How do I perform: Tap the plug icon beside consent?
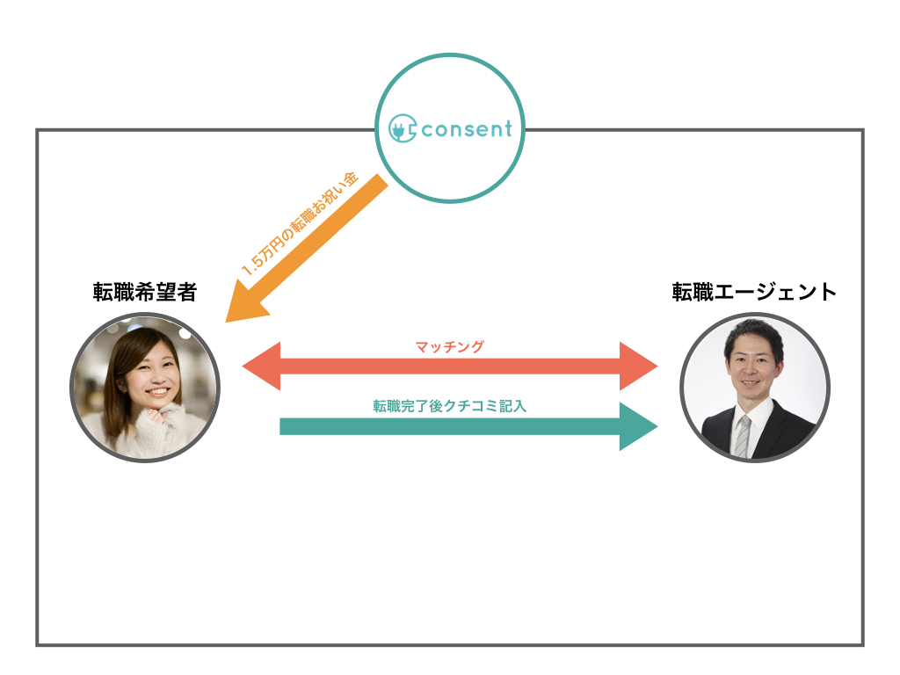tap(402, 129)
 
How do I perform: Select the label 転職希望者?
tap(145, 293)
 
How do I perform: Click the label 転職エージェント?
tap(754, 293)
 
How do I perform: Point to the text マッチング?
tap(449, 347)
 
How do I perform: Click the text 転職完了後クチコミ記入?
tap(449, 406)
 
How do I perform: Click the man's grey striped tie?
tap(743, 435)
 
